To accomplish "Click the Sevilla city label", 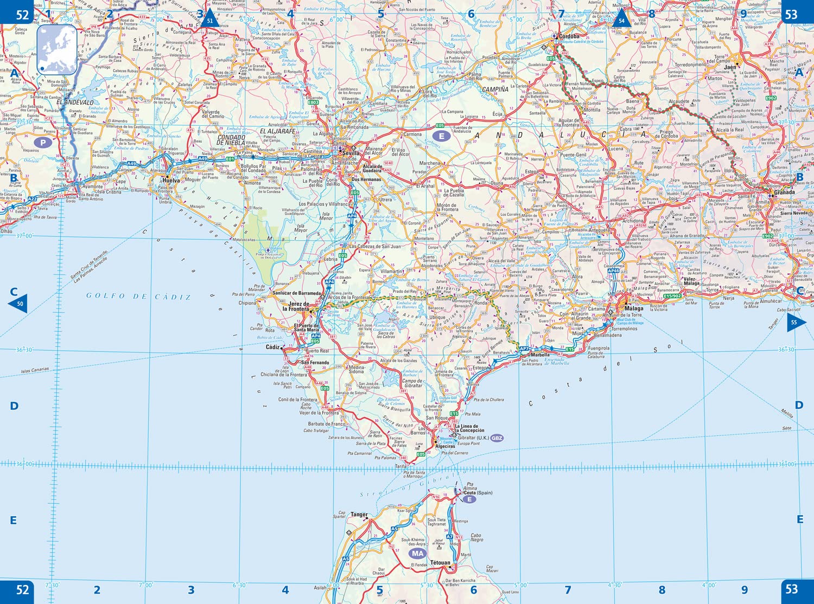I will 351,153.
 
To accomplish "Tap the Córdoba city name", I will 569,37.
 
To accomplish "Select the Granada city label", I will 784,192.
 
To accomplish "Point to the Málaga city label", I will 633,309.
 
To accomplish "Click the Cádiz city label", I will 273,347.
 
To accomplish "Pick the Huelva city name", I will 171,181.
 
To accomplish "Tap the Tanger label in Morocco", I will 359,515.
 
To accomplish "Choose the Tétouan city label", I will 440,563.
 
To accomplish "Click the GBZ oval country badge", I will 497,438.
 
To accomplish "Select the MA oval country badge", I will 417,554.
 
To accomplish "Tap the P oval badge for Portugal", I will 43,143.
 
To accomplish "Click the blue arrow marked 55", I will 796,322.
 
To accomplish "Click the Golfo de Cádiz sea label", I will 138,297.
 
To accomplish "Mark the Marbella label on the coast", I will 540,355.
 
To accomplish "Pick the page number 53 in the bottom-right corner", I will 792,589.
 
